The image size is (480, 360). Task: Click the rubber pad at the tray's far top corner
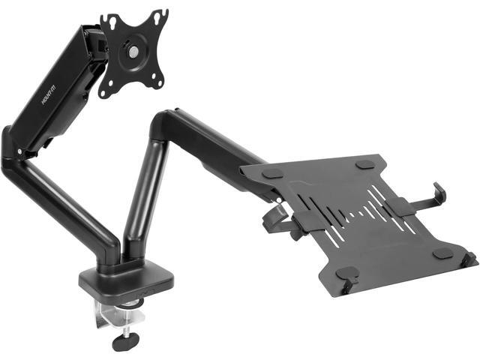click(364, 163)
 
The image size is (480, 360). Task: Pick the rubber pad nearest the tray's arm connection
click(275, 173)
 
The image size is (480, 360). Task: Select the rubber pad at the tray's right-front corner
click(442, 253)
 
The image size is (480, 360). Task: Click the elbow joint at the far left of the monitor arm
click(10, 150)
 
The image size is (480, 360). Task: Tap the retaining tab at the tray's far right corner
click(470, 259)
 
